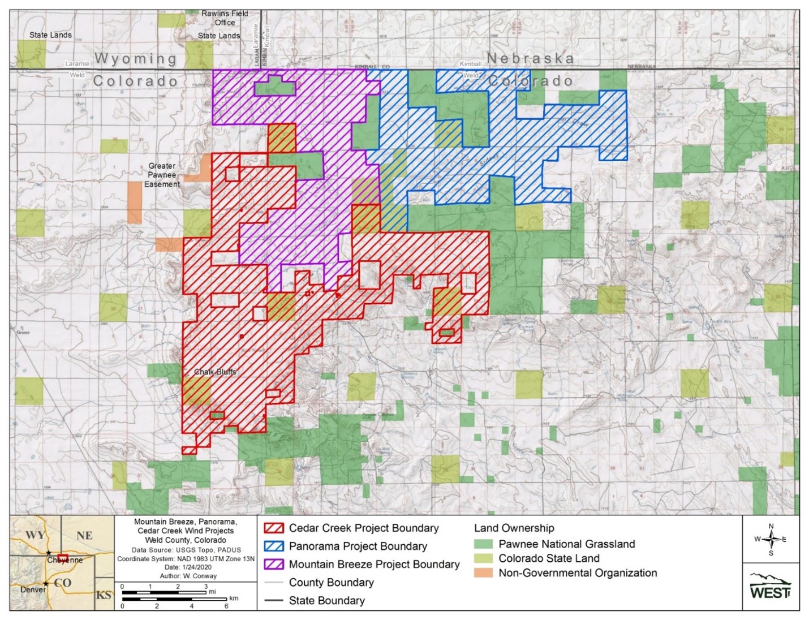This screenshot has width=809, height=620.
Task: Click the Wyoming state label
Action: (135, 58)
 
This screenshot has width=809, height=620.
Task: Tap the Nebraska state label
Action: (530, 58)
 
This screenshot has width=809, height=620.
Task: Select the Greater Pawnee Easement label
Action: (162, 175)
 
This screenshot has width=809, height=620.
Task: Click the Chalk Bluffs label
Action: (215, 372)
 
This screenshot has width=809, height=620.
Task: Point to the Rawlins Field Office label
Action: (225, 18)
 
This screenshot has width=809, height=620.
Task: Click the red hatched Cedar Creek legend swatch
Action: (274, 528)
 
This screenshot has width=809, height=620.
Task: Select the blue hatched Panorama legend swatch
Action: (274, 546)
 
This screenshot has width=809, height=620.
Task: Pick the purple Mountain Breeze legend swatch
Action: (274, 565)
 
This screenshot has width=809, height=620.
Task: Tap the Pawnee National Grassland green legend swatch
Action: (483, 544)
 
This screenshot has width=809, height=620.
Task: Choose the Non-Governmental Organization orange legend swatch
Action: (483, 573)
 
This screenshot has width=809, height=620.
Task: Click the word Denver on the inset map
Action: (33, 589)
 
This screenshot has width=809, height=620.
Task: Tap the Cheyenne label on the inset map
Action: (64, 560)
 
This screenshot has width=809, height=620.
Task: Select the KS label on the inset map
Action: (104, 595)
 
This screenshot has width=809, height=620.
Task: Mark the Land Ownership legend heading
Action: (514, 528)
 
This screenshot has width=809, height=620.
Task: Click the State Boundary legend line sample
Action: (274, 601)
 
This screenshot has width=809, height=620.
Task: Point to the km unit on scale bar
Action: (234, 598)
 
